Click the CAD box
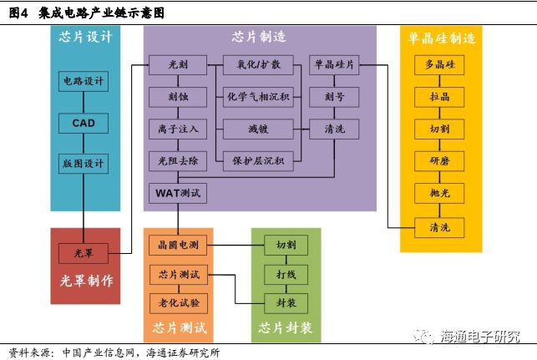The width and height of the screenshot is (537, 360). point(84,123)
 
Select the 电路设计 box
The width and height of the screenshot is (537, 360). point(84,82)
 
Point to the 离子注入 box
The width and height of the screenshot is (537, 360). point(178,129)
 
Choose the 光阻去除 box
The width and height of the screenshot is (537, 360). point(178,160)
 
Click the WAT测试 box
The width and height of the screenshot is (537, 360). point(178,193)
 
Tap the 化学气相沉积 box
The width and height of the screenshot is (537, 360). point(259,97)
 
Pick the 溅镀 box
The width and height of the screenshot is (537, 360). point(258,129)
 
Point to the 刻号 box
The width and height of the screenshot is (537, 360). point(335,97)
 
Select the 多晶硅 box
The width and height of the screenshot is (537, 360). point(440,65)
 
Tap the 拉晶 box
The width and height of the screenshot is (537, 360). point(440,97)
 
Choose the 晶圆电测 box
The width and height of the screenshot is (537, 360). point(178,245)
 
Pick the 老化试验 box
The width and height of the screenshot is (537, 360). point(178,302)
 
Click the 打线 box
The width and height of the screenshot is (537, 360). point(286,273)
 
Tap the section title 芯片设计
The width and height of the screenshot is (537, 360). point(85,37)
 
